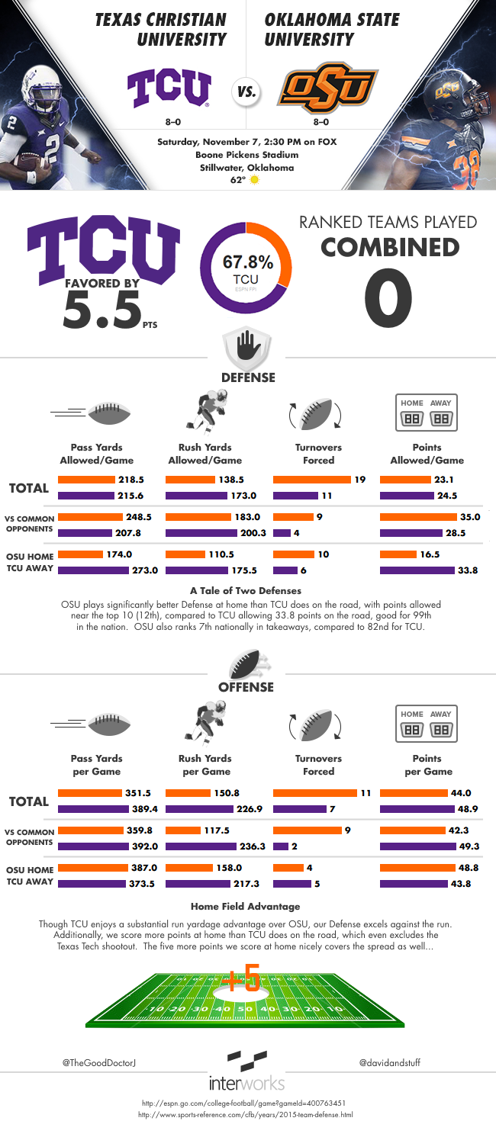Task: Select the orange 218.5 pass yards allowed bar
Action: click(x=85, y=480)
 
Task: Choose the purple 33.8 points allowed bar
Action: click(x=417, y=570)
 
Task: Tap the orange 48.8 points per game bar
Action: click(x=415, y=867)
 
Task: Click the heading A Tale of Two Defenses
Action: click(x=246, y=589)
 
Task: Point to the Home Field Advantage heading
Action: click(x=245, y=906)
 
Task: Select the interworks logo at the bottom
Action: click(x=247, y=1071)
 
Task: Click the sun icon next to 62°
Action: click(x=255, y=180)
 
